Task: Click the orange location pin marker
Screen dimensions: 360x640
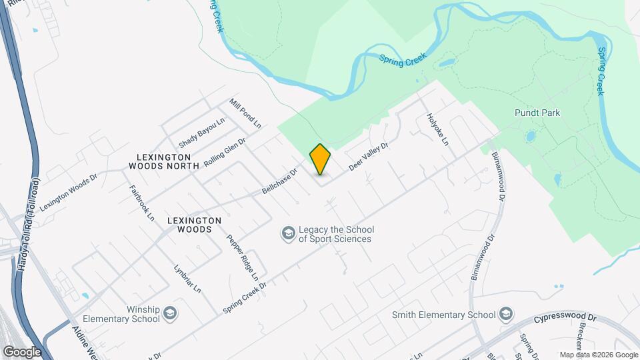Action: (x=320, y=159)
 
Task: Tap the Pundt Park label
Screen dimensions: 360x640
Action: (x=537, y=113)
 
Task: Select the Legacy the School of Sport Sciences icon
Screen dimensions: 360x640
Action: (x=288, y=233)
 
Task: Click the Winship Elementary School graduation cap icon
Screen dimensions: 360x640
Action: (x=170, y=313)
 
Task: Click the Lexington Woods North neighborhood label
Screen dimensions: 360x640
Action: (x=164, y=161)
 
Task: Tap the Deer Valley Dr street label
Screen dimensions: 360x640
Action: (x=368, y=155)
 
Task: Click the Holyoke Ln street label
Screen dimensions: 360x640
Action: (x=437, y=129)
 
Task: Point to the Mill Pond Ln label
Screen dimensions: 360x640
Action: (x=245, y=113)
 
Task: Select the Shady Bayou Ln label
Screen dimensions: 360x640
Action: (x=202, y=133)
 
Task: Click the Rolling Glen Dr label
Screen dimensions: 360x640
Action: (x=225, y=153)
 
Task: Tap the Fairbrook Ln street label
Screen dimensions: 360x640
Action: (x=141, y=203)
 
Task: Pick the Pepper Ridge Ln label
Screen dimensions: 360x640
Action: (x=242, y=257)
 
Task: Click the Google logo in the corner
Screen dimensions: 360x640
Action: (x=21, y=351)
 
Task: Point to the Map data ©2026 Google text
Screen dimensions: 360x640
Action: (x=597, y=355)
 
